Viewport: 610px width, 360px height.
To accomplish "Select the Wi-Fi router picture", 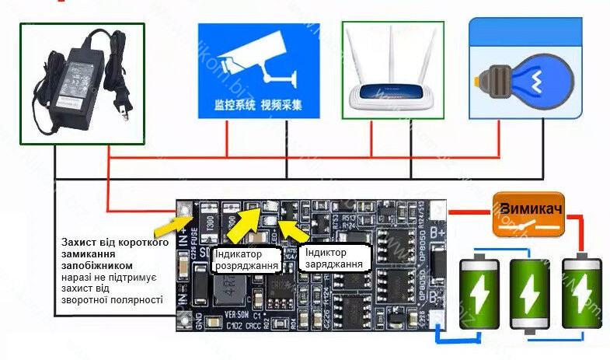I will (x=392, y=70).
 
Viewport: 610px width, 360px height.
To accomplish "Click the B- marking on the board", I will (x=437, y=295).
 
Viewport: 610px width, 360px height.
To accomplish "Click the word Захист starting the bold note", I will (x=81, y=243).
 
